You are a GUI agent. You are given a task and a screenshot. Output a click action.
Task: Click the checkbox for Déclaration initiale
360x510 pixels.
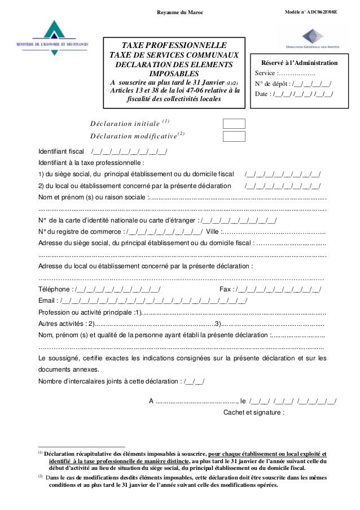pos(234,124)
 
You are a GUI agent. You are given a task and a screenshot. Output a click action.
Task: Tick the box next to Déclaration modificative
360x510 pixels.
pos(234,136)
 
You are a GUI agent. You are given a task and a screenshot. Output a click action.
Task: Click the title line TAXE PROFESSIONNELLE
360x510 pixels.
pos(174,45)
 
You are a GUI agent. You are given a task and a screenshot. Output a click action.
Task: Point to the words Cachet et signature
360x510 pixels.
pos(254,412)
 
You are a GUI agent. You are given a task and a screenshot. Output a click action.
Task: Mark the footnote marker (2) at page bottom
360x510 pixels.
pos(41,477)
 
